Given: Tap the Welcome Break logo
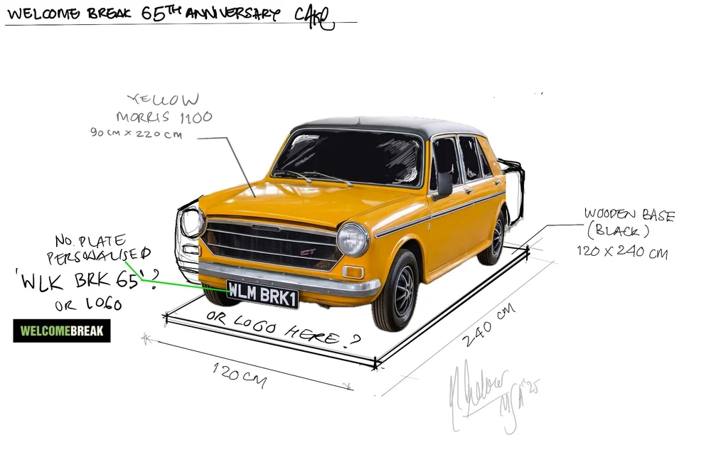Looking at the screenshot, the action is point(62,331).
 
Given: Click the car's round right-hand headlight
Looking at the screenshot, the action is point(353,240).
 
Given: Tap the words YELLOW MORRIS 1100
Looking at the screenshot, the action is point(165,108).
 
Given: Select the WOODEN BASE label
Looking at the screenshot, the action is point(629,215).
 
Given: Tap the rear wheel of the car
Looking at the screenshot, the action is point(497,237).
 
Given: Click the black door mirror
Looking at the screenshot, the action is point(444,184).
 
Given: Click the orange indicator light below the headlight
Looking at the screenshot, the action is point(353,272).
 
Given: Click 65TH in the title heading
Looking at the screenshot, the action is point(172,14).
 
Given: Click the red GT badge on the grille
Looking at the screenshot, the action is point(308,251).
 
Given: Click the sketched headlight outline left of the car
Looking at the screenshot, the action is point(191,222).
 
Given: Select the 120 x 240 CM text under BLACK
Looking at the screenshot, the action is point(622,252).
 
